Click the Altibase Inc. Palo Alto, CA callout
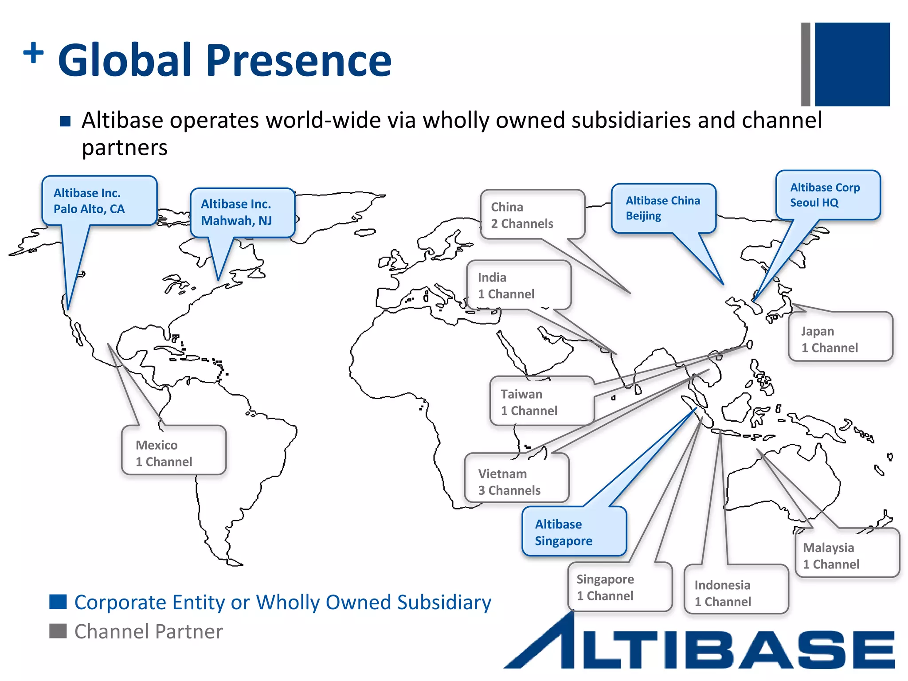pos(99,201)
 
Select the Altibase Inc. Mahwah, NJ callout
pos(242,213)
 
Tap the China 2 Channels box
pos(532,215)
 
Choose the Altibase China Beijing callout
pos(663,208)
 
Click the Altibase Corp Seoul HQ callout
pos(827,195)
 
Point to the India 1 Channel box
pos(518,286)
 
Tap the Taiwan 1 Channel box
pos(541,402)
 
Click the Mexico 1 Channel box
pos(173,452)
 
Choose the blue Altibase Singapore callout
pos(574,532)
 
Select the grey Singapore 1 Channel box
pos(619,587)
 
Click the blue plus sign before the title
pos(34,53)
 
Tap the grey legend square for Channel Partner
pos(58,631)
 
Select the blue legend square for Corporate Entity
pos(58,602)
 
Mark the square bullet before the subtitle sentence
pos(65,121)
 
